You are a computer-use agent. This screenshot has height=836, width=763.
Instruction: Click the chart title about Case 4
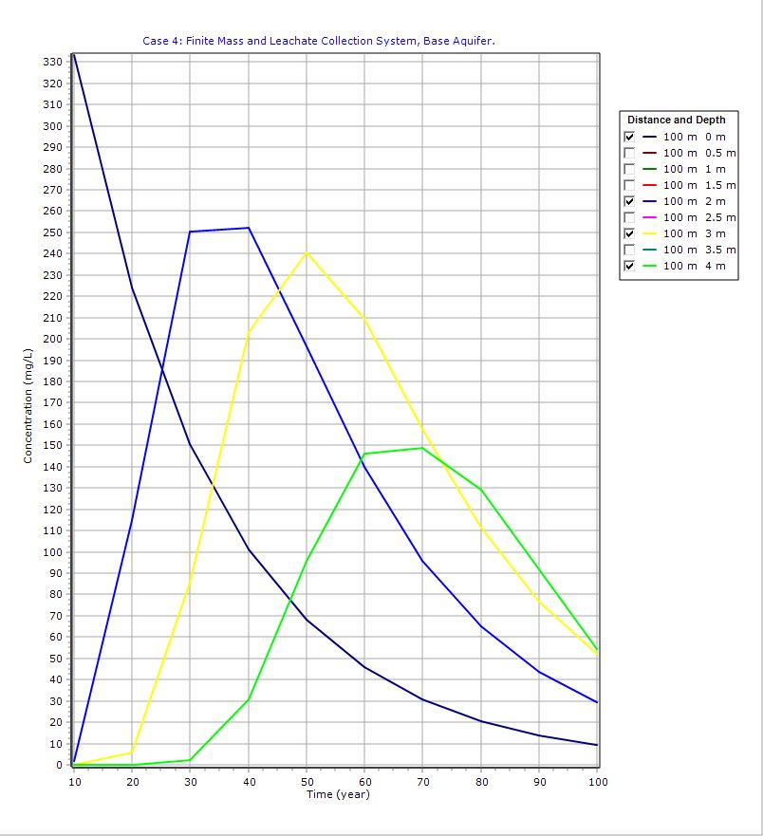coord(319,41)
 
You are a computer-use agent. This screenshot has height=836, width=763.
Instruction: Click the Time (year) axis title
coord(337,794)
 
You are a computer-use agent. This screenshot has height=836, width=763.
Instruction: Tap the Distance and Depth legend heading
coord(677,120)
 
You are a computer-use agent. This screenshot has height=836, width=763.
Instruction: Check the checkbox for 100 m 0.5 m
coord(629,153)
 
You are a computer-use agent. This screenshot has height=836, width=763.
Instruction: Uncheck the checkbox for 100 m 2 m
coord(629,201)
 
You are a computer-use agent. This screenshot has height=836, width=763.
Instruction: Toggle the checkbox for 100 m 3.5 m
coord(629,250)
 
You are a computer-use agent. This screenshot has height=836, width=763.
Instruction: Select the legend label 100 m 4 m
coord(694,266)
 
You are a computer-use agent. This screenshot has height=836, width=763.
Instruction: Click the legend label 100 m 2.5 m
coord(698,217)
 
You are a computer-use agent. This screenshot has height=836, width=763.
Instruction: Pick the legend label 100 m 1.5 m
coord(698,185)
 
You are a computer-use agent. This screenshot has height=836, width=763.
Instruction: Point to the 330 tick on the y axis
coord(52,62)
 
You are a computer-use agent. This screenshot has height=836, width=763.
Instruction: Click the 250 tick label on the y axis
coord(52,232)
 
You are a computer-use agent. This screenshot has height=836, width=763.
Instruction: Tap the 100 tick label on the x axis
coord(598,782)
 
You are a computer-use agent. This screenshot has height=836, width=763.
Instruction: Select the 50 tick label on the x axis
coord(307,782)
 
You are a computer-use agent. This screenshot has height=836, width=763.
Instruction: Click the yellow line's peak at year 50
coord(307,252)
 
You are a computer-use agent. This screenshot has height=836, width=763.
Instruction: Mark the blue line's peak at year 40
coord(249,228)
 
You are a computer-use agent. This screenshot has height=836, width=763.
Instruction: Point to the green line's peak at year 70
coord(422,448)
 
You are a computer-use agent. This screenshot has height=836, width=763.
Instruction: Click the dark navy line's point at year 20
coord(132,288)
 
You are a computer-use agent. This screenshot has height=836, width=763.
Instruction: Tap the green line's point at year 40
coord(249,699)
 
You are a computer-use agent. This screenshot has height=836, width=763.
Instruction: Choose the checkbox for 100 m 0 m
coord(629,137)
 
